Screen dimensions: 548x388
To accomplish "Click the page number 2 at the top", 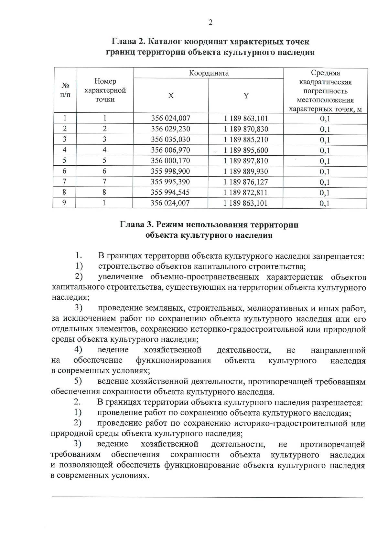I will (210, 22).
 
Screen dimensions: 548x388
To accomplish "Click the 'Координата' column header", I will (209, 73).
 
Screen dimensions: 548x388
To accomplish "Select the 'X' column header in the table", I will (171, 96).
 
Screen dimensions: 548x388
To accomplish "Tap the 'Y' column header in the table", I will (246, 96).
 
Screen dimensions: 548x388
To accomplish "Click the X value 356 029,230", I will (170, 129).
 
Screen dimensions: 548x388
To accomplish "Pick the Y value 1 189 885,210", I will (246, 140).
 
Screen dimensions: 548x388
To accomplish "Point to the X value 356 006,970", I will (170, 150).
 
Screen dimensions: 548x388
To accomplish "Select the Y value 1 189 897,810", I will (246, 161).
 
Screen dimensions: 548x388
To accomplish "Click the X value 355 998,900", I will (170, 171).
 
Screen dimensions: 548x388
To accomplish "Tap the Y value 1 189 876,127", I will (246, 182).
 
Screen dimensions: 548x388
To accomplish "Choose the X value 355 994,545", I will (170, 192).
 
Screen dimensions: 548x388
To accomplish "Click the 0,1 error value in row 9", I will (325, 203).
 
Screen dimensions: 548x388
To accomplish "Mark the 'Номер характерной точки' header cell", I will (105, 90).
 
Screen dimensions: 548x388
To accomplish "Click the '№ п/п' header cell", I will (65, 90).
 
